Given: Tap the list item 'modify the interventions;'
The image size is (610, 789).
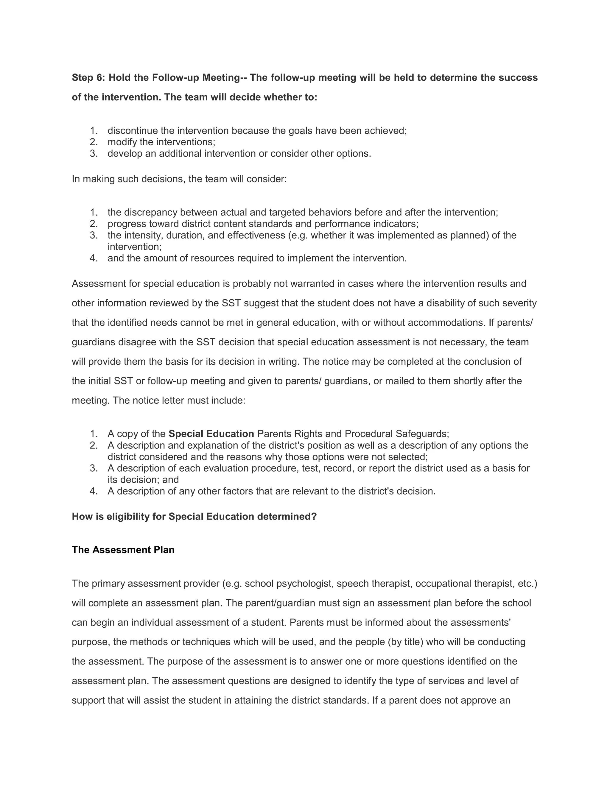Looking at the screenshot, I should click(161, 142).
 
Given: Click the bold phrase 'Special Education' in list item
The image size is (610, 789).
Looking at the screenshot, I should click(211, 434).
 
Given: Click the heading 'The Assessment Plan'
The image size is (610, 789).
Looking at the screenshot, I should click(123, 550).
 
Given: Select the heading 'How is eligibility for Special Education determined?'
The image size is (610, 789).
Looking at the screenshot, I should click(194, 517).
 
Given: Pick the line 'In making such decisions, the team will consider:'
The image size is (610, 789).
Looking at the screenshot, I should click(179, 179).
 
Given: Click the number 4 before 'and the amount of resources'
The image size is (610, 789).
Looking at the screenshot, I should click(93, 259).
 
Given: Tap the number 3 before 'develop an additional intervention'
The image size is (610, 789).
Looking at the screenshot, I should click(93, 154).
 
